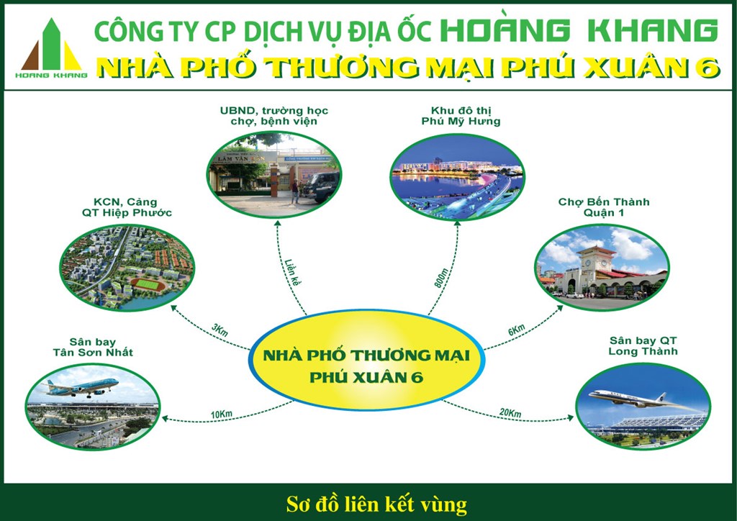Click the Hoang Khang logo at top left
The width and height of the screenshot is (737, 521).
(x=51, y=48)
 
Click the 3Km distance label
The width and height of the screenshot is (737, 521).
(x=220, y=330)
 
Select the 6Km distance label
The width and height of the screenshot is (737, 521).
(x=516, y=330)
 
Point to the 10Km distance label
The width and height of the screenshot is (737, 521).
(x=222, y=414)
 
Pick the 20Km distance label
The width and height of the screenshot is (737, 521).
(x=510, y=413)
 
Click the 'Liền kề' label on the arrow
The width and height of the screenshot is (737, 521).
(x=292, y=272)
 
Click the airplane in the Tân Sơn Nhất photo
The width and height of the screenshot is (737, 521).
(x=80, y=388)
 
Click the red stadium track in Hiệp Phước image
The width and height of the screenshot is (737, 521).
(x=148, y=285)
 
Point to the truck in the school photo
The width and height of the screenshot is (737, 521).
(x=321, y=186)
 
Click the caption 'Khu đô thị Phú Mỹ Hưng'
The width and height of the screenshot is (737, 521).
(x=461, y=116)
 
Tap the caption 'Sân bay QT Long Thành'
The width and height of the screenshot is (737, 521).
(x=643, y=345)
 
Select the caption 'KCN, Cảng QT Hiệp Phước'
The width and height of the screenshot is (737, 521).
(x=127, y=207)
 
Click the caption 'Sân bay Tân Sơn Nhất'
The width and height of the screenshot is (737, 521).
(x=93, y=347)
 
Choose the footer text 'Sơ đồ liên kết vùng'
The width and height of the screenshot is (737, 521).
(x=376, y=504)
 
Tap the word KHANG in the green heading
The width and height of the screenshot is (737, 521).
(x=653, y=31)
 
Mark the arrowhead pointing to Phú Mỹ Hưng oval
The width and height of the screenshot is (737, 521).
(x=457, y=224)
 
